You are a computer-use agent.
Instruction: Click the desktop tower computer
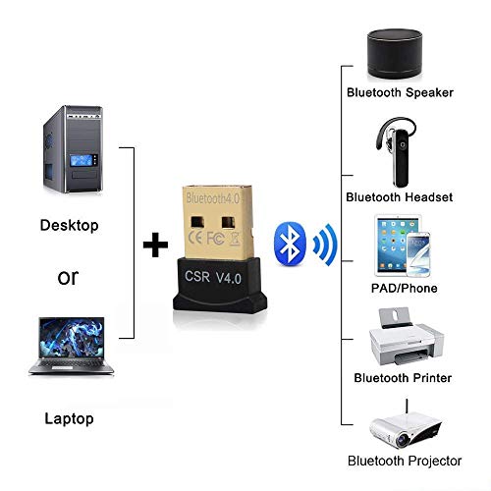(73, 149)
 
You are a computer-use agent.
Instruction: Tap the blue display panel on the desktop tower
(82, 160)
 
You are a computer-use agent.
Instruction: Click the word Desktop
(69, 225)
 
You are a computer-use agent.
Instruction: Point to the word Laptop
(69, 418)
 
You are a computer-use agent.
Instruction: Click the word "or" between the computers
(68, 278)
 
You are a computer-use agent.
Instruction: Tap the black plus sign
(155, 245)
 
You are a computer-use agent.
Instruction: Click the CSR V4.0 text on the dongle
(213, 277)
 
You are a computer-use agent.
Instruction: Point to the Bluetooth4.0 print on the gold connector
(213, 198)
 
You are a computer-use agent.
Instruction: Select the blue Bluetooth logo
(290, 244)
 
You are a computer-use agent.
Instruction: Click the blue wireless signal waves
(325, 245)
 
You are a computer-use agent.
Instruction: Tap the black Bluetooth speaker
(395, 53)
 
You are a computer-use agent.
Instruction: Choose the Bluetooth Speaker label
(400, 92)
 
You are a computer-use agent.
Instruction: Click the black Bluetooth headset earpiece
(397, 151)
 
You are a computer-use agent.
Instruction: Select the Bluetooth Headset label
(400, 197)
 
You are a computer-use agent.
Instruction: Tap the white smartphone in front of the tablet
(418, 254)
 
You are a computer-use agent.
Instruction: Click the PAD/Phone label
(405, 288)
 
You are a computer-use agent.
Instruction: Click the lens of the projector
(403, 440)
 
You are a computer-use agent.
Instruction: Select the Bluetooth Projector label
(405, 461)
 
